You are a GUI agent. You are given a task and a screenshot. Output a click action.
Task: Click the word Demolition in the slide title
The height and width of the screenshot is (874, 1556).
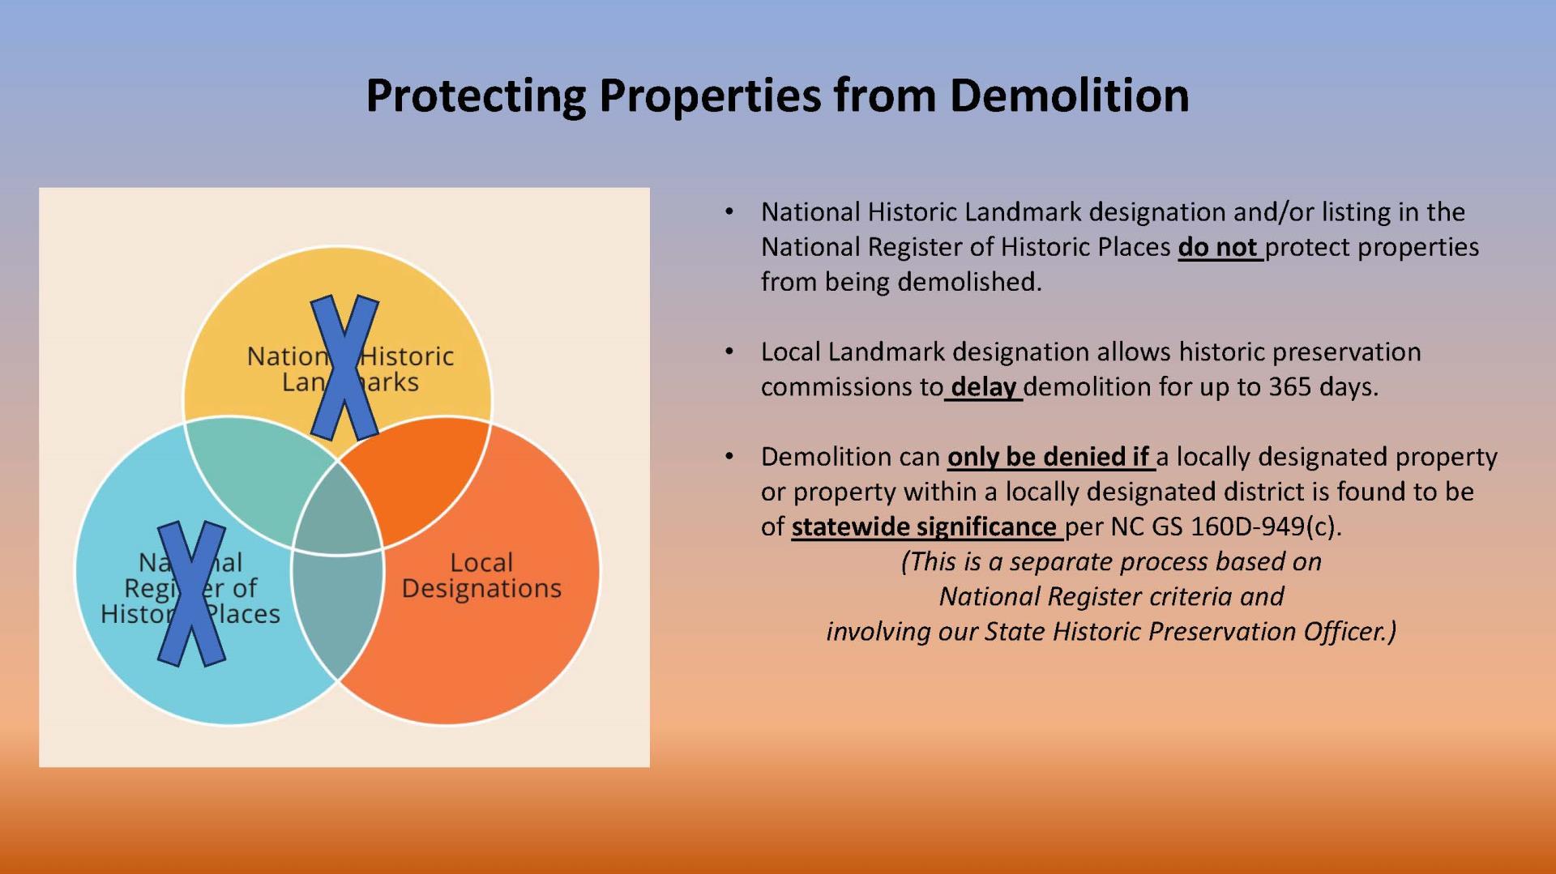pos(1068,96)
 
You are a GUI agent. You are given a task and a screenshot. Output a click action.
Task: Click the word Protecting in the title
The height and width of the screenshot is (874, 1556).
pos(475,96)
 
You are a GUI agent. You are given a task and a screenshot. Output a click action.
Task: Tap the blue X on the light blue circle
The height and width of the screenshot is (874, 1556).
pos(191,593)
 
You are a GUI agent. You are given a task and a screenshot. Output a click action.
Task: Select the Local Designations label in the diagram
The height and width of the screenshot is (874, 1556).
pos(481,575)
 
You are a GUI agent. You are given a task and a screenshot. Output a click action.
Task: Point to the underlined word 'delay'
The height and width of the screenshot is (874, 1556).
pos(983,387)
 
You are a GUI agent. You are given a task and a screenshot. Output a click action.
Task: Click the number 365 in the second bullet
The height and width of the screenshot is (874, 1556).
pos(1290,387)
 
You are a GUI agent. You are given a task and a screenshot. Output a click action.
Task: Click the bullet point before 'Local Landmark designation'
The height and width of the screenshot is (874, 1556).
pos(729,352)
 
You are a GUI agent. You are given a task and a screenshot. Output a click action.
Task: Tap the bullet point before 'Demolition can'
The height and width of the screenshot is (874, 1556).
pos(729,457)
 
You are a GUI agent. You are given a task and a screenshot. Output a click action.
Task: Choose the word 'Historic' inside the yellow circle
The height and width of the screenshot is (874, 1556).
pos(408,356)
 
